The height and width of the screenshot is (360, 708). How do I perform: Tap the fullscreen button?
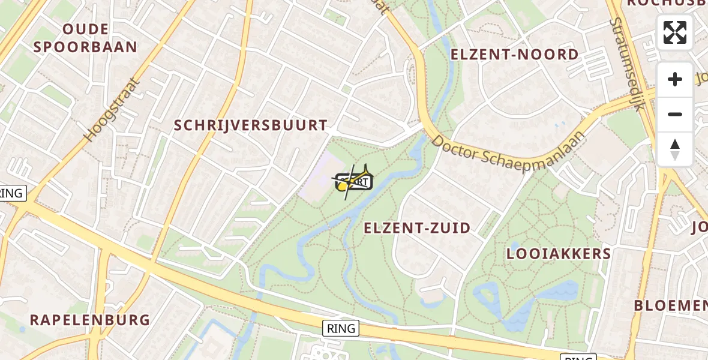tap(675, 32)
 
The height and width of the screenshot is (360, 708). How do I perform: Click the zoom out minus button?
tap(675, 115)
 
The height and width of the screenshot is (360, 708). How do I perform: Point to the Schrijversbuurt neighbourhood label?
tap(251, 125)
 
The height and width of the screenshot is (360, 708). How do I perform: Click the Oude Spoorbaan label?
tap(85, 38)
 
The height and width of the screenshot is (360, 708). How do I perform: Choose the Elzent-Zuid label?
tap(417, 228)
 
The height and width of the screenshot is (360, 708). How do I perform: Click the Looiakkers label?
tap(559, 254)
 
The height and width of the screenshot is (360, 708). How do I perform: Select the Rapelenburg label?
tap(90, 320)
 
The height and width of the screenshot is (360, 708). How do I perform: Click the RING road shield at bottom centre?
tap(341, 328)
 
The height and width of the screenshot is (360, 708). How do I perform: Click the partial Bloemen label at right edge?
tap(671, 305)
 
